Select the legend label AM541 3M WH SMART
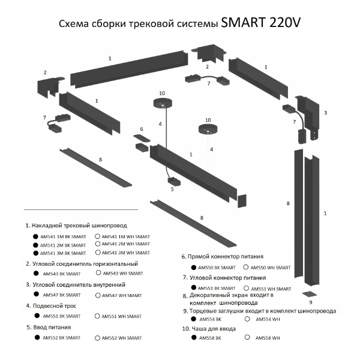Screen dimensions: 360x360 tap(126, 253)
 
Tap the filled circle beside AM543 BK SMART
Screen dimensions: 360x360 tap(36, 273)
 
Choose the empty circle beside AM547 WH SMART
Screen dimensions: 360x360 tap(97, 295)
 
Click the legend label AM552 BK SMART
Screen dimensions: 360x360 tap(61, 338)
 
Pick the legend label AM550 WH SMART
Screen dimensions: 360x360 tap(271, 267)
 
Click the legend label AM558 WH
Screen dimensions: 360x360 tap(268, 338)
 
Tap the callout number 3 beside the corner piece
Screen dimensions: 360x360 tap(325, 112)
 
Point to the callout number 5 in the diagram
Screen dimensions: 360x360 tap(172, 189)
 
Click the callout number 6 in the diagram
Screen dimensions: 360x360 tap(142, 129)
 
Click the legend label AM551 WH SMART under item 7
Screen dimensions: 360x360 tap(268, 289)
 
